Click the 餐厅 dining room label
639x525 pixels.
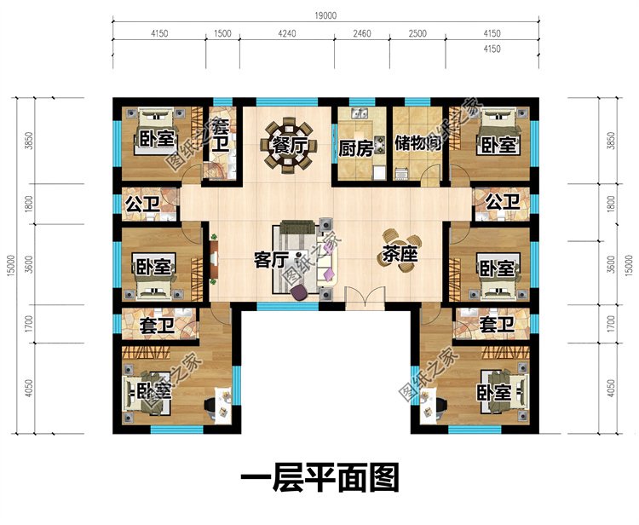pyautogui.click(x=289, y=146)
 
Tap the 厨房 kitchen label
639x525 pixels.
pyautogui.click(x=356, y=148)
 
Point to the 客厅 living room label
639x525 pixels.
pyautogui.click(x=271, y=259)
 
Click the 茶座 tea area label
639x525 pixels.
pyautogui.click(x=400, y=255)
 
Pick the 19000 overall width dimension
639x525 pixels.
pyautogui.click(x=325, y=15)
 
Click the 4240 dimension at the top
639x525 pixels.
pyautogui.click(x=287, y=33)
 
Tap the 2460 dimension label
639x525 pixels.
pyautogui.click(x=361, y=33)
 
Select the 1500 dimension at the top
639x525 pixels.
pyautogui.click(x=222, y=33)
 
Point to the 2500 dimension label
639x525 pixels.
pyautogui.click(x=417, y=33)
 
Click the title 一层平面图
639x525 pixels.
pyautogui.click(x=319, y=478)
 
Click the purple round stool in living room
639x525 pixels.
pyautogui.click(x=300, y=291)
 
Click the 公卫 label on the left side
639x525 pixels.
pyautogui.click(x=142, y=204)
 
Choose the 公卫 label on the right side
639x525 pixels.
pyautogui.click(x=503, y=201)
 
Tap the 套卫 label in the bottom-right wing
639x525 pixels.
pyautogui.click(x=496, y=325)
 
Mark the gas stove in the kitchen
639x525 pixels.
pyautogui.click(x=380, y=144)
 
